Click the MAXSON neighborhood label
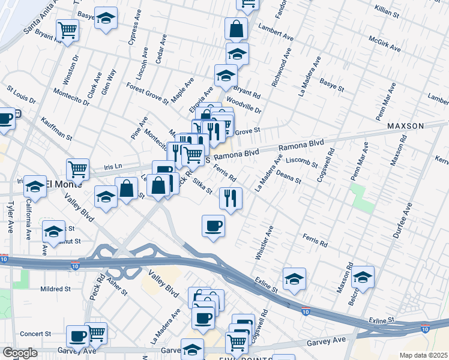tap(405, 126)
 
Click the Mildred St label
tap(55, 289)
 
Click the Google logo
tap(20, 353)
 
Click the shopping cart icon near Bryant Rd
tap(68, 29)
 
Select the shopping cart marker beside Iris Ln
tap(78, 169)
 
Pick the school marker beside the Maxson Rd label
tap(363, 277)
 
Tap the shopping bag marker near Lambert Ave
tap(237, 28)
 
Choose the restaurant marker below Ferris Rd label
tap(231, 198)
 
